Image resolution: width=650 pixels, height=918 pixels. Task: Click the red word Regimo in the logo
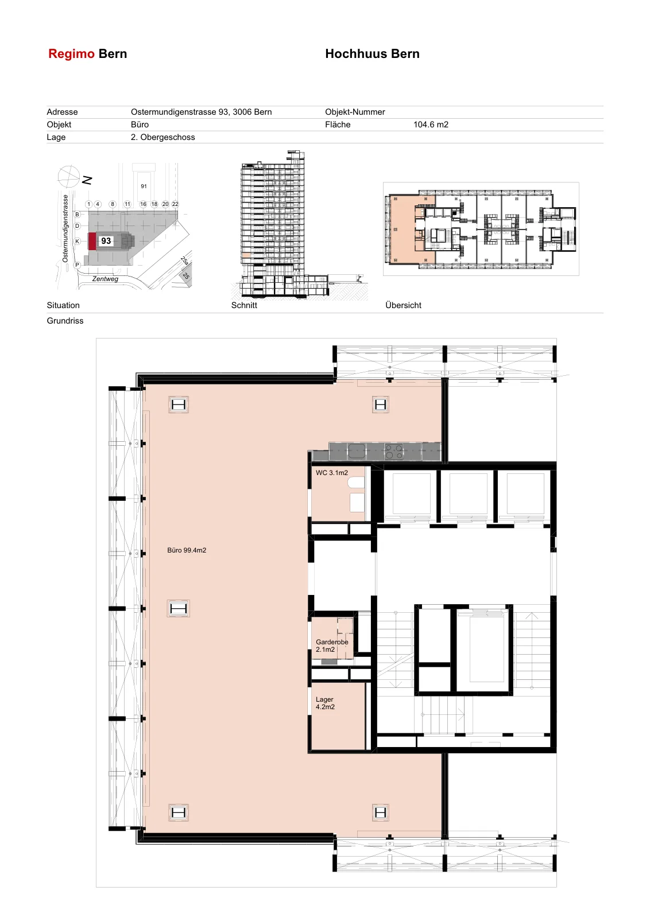(x=71, y=54)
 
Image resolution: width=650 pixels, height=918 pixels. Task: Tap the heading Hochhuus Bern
(x=372, y=54)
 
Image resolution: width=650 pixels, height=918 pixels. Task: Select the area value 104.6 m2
(x=431, y=125)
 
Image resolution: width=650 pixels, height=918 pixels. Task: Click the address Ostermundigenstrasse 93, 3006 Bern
(x=202, y=112)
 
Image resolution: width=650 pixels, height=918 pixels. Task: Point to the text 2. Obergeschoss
(x=163, y=137)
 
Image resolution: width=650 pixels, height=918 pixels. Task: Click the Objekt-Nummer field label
(x=355, y=112)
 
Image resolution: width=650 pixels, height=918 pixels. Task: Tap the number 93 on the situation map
(x=106, y=241)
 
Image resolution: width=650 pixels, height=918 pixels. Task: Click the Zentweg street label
(x=105, y=279)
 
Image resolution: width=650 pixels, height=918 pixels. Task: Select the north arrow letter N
(x=87, y=180)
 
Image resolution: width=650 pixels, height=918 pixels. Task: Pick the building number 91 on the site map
(x=144, y=186)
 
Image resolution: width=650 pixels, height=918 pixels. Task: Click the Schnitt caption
(x=244, y=305)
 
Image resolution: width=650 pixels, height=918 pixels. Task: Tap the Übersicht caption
(x=403, y=305)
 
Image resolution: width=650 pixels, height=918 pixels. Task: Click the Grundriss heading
(x=65, y=321)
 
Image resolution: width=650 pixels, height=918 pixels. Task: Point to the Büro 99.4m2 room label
(x=187, y=550)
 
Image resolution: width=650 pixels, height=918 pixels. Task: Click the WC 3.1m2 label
(x=332, y=473)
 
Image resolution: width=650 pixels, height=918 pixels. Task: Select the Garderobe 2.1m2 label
(x=332, y=645)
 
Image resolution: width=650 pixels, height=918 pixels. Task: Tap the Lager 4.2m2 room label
(x=325, y=703)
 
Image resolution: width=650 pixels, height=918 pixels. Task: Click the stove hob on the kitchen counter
(x=394, y=452)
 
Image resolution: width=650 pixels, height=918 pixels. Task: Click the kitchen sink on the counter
(x=357, y=451)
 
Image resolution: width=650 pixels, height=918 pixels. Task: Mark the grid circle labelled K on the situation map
(x=77, y=242)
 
